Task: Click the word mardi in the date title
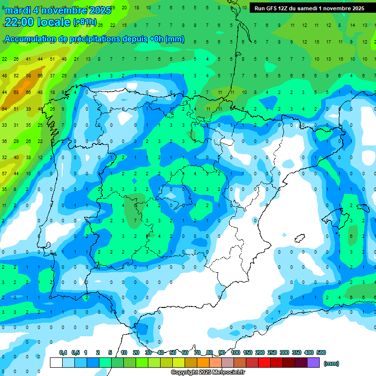tap(18, 10)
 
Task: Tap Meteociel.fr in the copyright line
tap(227, 373)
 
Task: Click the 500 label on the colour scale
tap(321, 352)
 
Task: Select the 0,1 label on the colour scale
tap(63, 352)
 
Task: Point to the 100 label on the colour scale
tap(235, 352)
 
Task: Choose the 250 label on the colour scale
tap(272, 352)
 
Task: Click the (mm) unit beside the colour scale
tap(331, 363)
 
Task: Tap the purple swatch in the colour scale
tap(313, 363)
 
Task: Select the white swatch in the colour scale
tap(56, 363)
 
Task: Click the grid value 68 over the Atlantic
tap(16, 92)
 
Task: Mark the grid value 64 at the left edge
tap(4, 109)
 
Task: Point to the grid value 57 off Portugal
tap(4, 173)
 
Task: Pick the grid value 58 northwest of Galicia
tap(28, 76)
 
